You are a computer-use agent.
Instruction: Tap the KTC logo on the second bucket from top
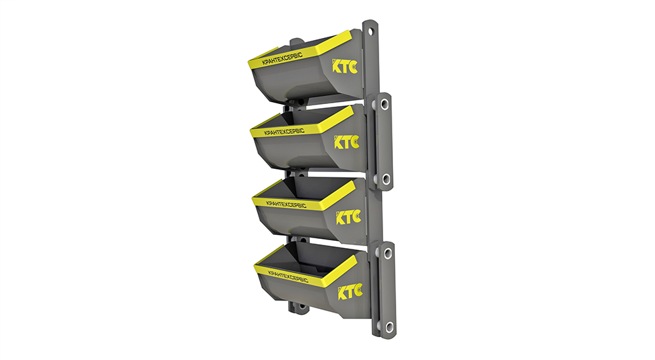click(x=346, y=141)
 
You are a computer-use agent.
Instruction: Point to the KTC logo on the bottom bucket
click(x=350, y=291)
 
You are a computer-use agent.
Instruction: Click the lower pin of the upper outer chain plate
click(x=386, y=178)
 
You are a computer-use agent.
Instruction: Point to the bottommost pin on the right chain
click(x=389, y=325)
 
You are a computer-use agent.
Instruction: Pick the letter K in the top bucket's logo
click(x=336, y=66)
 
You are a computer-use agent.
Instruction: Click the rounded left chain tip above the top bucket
click(x=294, y=43)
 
